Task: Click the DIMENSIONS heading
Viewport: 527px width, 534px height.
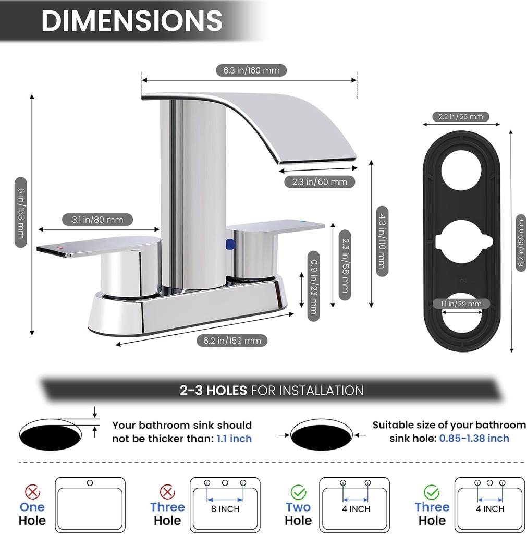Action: coord(131,21)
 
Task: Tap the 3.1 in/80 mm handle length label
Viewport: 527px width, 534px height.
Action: coord(97,220)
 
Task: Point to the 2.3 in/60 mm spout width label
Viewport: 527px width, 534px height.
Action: coord(320,181)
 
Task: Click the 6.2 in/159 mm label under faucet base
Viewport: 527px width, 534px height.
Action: coord(232,341)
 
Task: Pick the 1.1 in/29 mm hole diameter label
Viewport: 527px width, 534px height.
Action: coord(460,304)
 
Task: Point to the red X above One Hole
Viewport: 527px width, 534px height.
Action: coord(32,491)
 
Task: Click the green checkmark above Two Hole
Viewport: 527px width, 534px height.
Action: coord(298,491)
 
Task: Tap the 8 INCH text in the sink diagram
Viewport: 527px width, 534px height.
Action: coord(225,508)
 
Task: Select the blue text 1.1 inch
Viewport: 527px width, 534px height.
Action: coord(234,439)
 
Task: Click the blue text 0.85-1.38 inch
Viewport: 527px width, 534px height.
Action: coord(474,438)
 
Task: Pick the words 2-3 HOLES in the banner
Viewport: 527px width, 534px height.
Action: coord(213,390)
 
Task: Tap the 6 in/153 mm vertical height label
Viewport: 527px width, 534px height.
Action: coord(20,213)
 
